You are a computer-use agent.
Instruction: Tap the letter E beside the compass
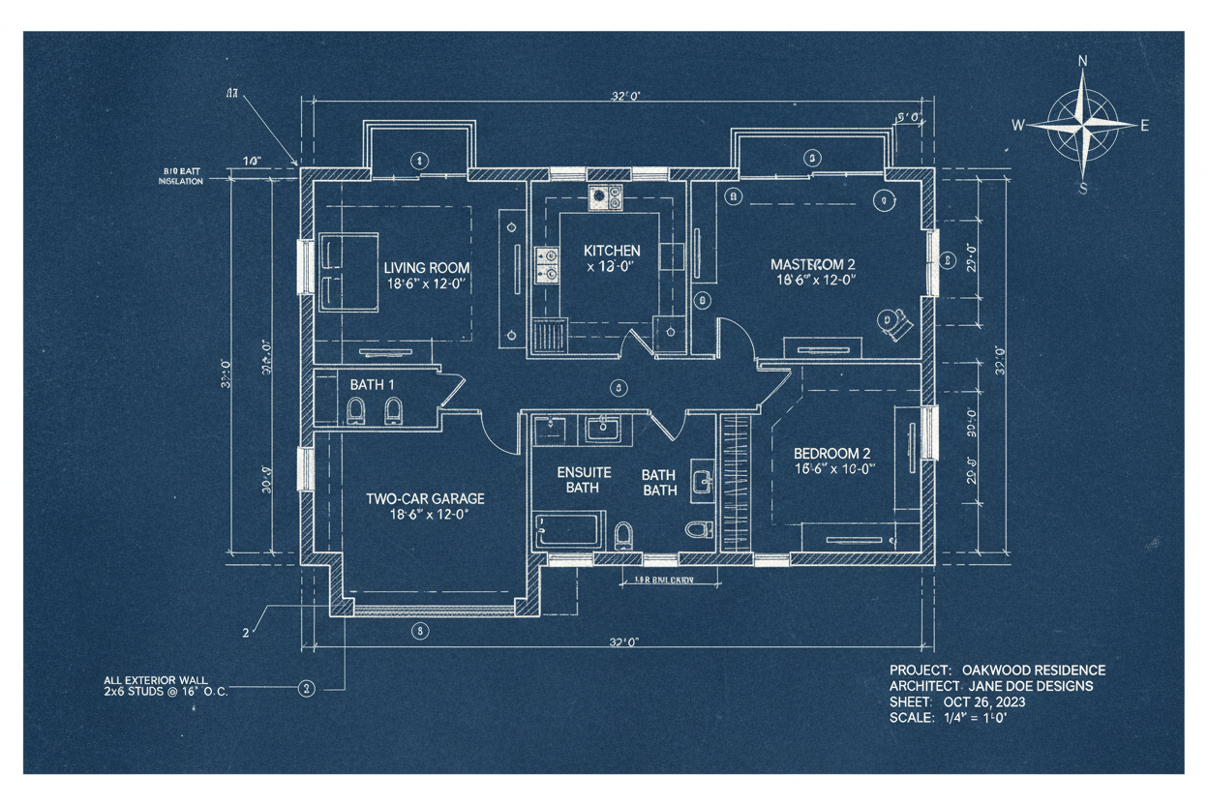(x=1144, y=125)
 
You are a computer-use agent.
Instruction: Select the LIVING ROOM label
(x=426, y=268)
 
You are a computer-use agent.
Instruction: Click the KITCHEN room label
(x=611, y=251)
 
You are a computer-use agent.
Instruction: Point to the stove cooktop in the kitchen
(x=607, y=197)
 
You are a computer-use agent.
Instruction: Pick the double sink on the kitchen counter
(x=548, y=264)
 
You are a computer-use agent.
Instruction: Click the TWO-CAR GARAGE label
(x=425, y=498)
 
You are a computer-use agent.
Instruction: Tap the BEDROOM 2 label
(x=831, y=453)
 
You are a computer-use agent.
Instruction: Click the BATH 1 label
(x=373, y=384)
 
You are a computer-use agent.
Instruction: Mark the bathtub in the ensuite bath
(x=567, y=531)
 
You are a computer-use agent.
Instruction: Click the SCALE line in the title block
(x=950, y=718)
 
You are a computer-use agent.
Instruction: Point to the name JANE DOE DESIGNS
(x=1038, y=686)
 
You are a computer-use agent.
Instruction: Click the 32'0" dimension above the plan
(x=626, y=95)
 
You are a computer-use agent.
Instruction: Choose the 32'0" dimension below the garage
(x=626, y=642)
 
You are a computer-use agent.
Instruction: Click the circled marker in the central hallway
(x=616, y=387)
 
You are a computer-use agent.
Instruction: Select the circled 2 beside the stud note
(x=307, y=689)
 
